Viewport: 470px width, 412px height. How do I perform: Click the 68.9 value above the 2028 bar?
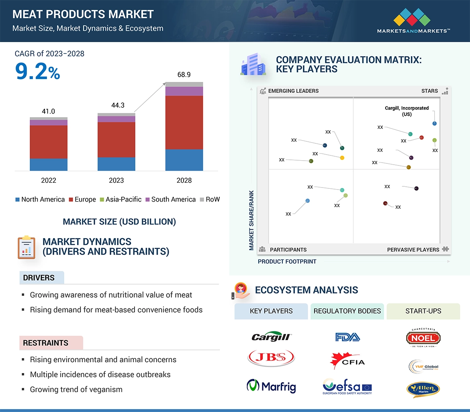[x=184, y=75]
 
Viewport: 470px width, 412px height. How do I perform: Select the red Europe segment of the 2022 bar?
[x=49, y=142]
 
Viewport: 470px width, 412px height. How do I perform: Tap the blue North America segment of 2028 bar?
[x=184, y=160]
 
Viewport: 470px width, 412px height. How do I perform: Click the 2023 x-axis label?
[x=116, y=180]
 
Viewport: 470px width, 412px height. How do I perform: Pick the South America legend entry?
[x=170, y=200]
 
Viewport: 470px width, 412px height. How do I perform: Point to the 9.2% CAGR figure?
[x=37, y=71]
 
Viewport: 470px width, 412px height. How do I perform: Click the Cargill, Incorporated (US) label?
[x=407, y=111]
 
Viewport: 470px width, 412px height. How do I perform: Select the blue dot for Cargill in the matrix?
[x=435, y=124]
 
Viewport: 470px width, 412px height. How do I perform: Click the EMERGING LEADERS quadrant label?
[x=293, y=91]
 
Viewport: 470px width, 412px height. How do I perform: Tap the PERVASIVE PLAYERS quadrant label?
[x=413, y=250]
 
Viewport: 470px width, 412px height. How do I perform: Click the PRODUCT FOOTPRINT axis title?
[x=287, y=261]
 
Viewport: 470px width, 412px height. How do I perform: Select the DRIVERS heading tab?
[x=39, y=278]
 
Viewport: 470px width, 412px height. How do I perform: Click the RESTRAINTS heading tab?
[x=46, y=343]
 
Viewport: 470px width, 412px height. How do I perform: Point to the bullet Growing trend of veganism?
[x=76, y=389]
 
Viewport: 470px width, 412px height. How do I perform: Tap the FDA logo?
[x=347, y=337]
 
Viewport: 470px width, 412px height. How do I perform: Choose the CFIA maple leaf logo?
[x=347, y=361]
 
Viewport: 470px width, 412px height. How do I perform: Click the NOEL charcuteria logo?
[x=423, y=338]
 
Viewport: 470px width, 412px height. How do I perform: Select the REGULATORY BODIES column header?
[x=347, y=311]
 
